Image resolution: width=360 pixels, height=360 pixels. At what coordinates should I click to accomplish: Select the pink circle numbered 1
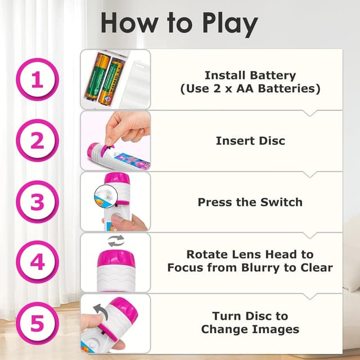pos(37,80)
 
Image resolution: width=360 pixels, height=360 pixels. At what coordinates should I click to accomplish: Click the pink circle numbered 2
pos(37,141)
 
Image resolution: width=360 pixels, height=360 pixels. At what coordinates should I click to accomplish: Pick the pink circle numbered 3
pos(37,201)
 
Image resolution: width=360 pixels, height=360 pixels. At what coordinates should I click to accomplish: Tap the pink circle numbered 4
pos(37,262)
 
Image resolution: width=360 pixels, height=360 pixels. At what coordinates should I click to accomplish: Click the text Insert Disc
pos(250,141)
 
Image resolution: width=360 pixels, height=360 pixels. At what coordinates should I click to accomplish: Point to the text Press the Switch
pos(250,202)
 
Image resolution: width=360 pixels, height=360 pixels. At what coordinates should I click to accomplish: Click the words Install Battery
pos(250,75)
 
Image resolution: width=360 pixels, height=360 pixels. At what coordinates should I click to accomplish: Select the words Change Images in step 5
pos(250,330)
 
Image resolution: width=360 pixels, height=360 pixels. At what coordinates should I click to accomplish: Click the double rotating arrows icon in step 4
pos(116,241)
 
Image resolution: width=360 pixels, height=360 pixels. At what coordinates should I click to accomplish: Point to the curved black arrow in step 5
pos(100,309)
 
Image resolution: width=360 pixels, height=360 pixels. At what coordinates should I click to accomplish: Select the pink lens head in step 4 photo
pos(115,260)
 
